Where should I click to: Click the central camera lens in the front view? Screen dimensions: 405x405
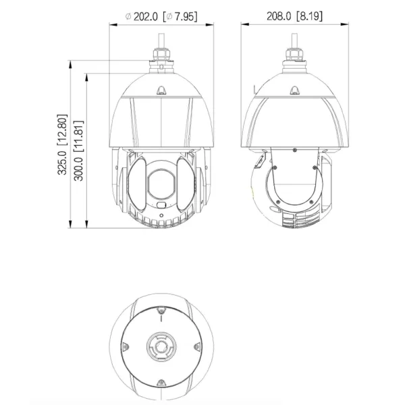tap(161, 180)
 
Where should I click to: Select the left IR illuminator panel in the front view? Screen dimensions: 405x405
tap(135, 186)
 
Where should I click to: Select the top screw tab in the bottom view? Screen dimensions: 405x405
tap(161, 310)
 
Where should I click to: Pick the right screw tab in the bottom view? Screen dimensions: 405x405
tap(197, 348)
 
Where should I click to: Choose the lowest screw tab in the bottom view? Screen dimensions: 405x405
tap(161, 383)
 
